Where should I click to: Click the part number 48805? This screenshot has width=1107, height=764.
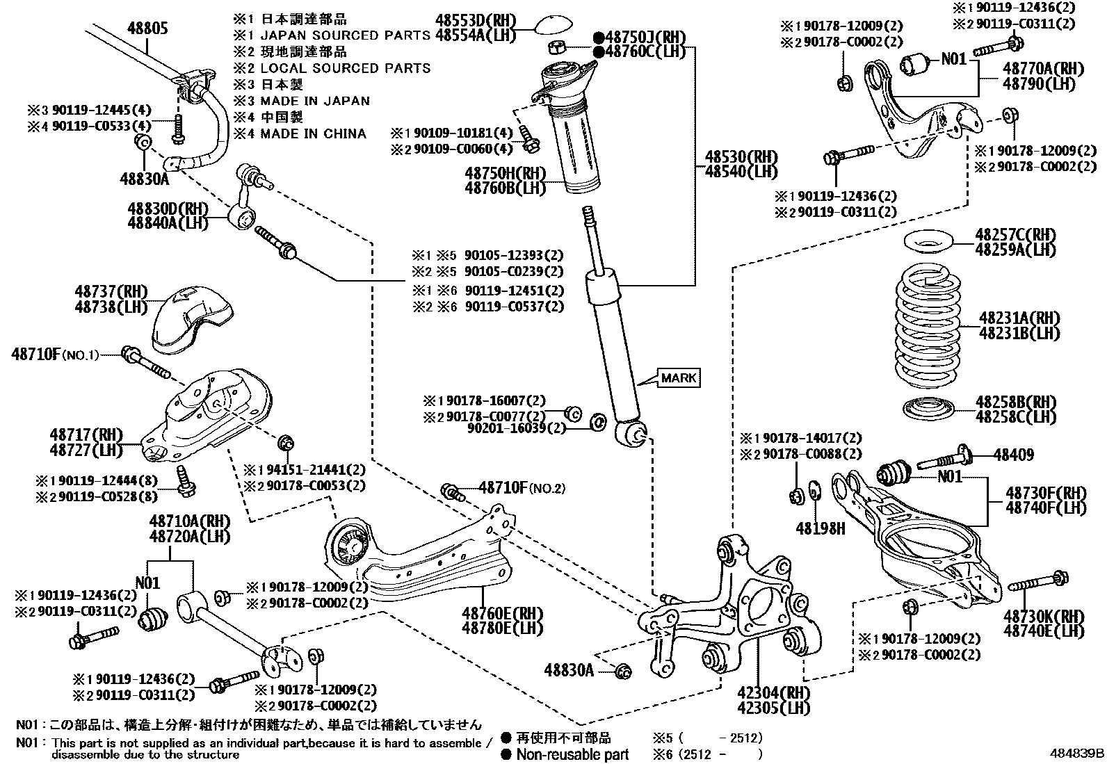[147, 28]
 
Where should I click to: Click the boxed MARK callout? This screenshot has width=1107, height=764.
[679, 378]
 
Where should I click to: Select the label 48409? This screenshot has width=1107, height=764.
[1014, 455]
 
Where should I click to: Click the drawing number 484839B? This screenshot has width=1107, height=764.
[1076, 754]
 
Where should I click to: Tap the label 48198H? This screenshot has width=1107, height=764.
[821, 529]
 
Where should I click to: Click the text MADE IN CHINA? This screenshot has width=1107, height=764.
[313, 133]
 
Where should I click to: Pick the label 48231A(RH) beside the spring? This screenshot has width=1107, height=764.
[1020, 318]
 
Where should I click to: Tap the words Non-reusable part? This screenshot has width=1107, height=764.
[572, 754]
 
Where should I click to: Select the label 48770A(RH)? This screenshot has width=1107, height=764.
[1043, 69]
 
